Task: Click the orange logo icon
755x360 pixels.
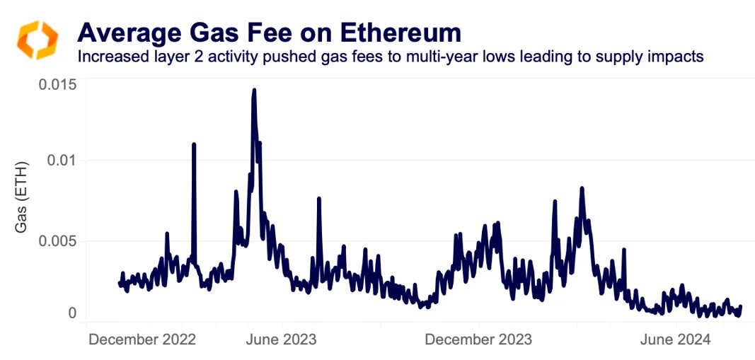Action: [x=36, y=40]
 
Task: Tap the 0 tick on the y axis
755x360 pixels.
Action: [x=71, y=313]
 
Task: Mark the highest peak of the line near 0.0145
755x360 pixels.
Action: [x=253, y=91]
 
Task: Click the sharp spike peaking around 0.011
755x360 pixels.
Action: [x=193, y=144]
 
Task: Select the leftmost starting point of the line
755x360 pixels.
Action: [x=119, y=283]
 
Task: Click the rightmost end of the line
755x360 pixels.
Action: [x=740, y=307]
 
